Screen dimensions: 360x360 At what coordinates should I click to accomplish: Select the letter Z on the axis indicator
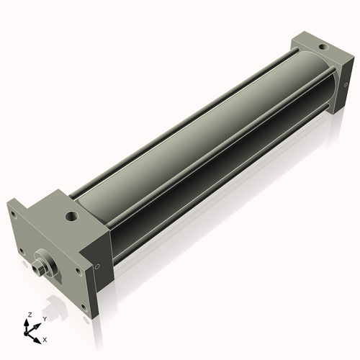(28, 315)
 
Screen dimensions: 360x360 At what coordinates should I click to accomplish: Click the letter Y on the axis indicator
(44, 318)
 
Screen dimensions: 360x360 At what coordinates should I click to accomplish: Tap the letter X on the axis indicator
(45, 338)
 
